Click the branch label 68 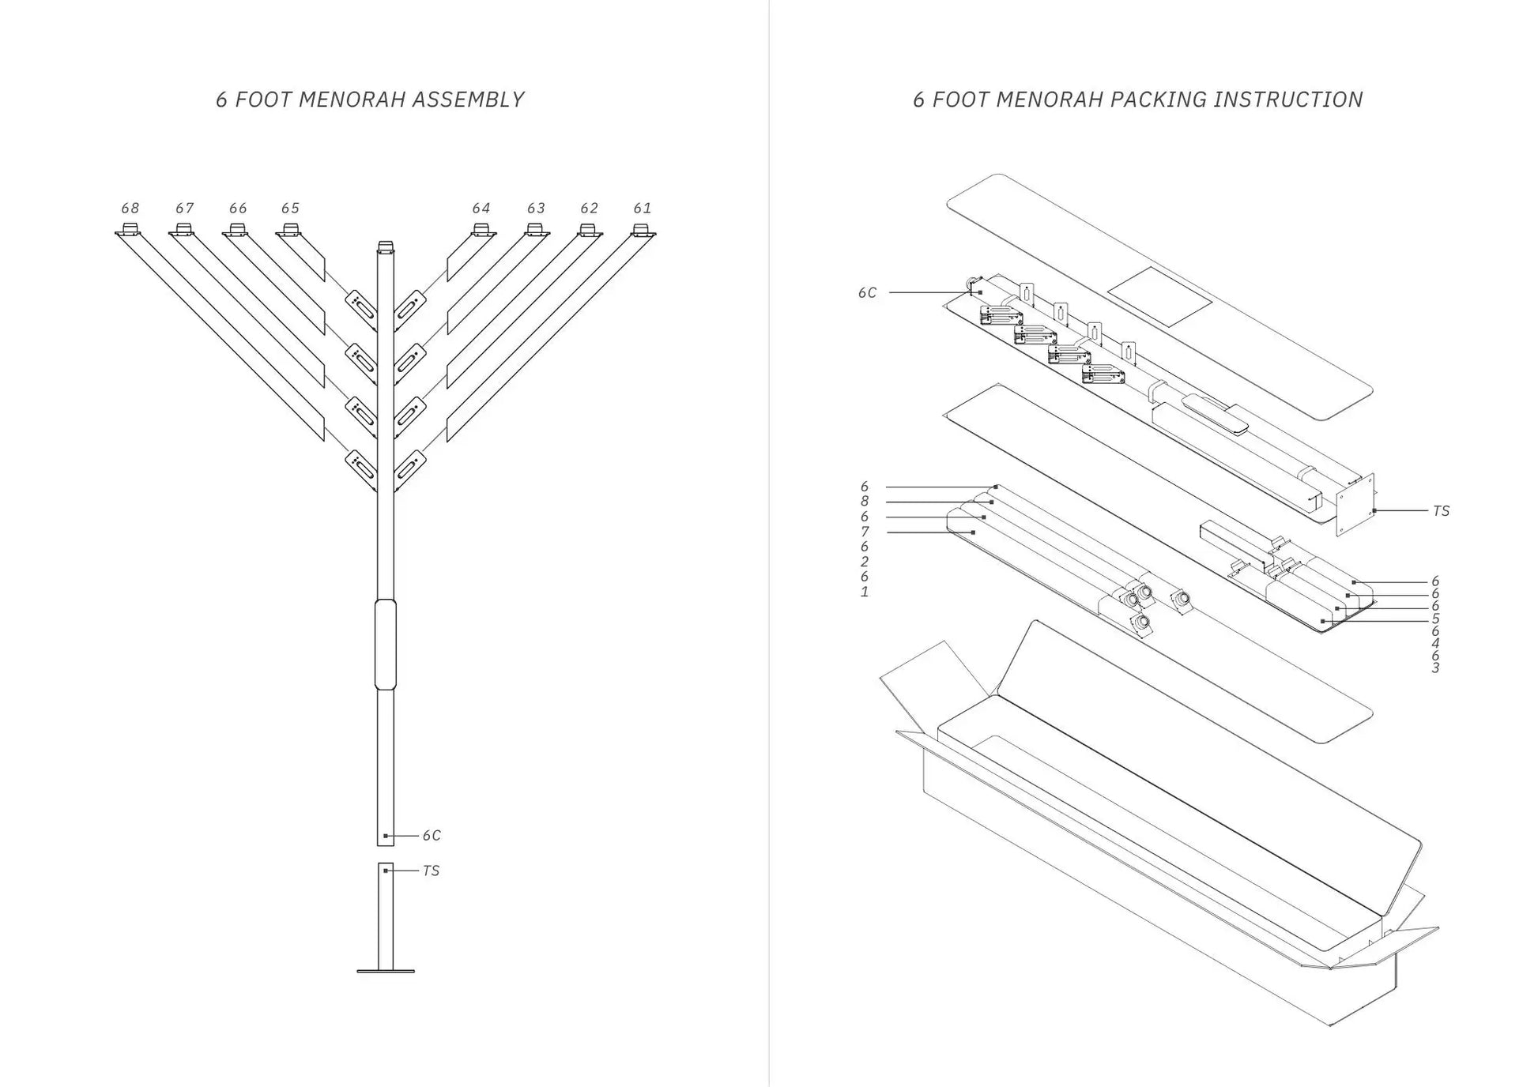(130, 208)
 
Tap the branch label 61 (642, 208)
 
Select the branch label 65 (290, 208)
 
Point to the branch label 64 (481, 208)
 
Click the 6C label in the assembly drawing (431, 835)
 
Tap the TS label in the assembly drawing (431, 871)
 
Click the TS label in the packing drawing (1441, 511)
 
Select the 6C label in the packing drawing (867, 292)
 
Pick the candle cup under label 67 (183, 231)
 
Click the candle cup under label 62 (587, 231)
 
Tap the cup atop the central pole (385, 246)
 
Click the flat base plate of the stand (385, 970)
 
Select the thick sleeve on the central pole (385, 644)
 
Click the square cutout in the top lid (1159, 296)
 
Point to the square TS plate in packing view (1355, 506)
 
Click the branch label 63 (536, 208)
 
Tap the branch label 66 (238, 208)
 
